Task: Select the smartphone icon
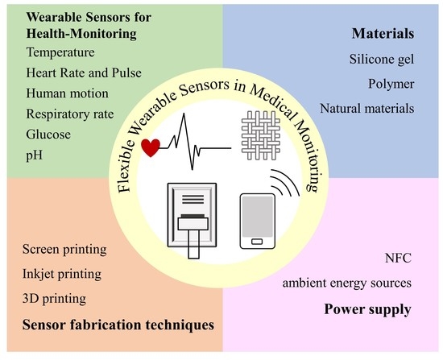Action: click(259, 221)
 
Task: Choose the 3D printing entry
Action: click(52, 299)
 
